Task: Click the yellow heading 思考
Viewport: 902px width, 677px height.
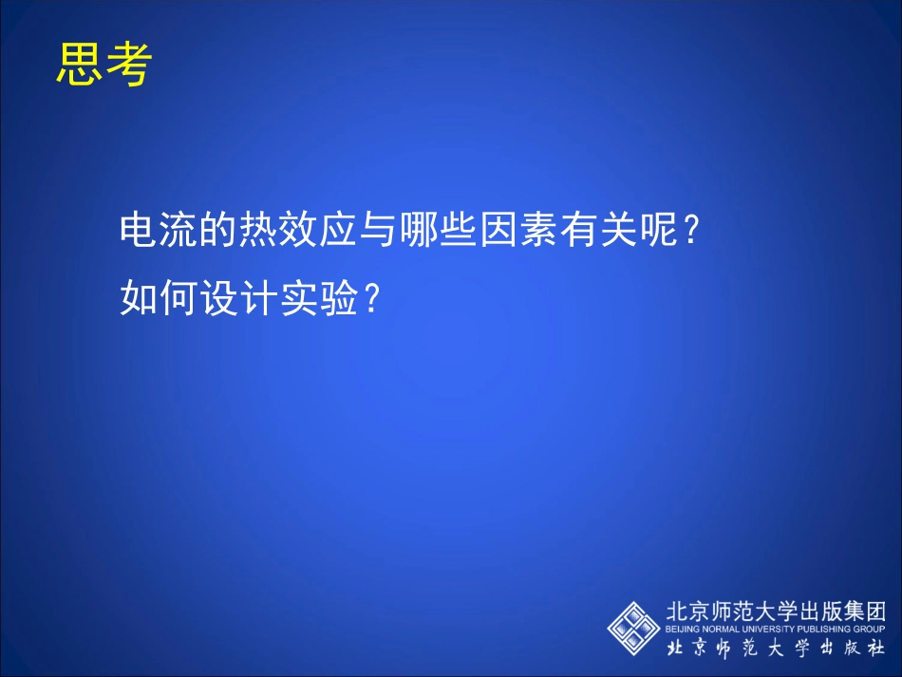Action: tap(103, 65)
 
